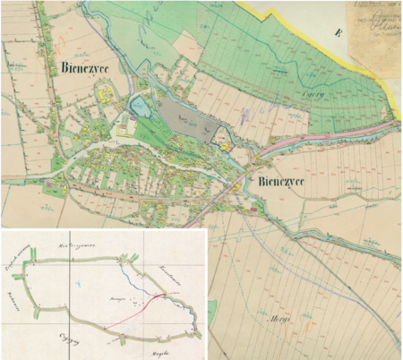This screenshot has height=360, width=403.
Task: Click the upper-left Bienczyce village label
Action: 87,68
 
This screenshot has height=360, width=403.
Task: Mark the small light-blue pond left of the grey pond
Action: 141,109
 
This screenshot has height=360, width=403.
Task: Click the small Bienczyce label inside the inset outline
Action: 116,293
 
